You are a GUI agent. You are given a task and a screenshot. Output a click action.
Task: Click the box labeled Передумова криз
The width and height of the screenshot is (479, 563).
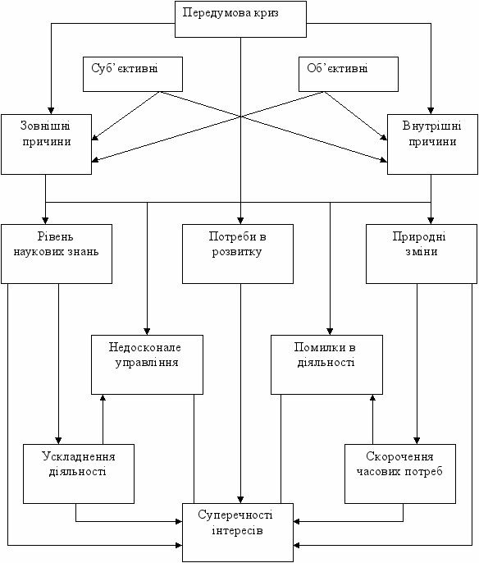pos(240,19)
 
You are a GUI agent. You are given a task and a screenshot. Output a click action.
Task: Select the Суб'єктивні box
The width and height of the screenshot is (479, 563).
pos(133,74)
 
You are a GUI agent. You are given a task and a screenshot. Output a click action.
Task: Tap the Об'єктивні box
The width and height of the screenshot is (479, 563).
pos(349,74)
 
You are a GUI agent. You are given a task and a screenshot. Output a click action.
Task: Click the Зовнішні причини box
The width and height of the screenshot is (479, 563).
pos(46,144)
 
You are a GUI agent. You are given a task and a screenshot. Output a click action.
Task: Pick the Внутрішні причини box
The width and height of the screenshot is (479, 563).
pos(433,144)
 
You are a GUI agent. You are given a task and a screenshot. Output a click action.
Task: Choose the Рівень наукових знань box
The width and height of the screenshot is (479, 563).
pos(57,254)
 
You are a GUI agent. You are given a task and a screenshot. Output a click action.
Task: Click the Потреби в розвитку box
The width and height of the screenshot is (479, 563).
pos(238,254)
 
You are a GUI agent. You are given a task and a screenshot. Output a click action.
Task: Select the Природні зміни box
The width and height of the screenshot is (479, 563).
pos(422,254)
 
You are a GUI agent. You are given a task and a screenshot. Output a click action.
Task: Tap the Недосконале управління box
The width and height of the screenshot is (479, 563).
pos(147,364)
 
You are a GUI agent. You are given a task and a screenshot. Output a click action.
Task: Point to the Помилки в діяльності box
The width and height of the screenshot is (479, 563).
pos(327,364)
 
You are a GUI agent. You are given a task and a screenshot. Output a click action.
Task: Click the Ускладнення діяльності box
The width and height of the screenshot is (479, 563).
pos(79,474)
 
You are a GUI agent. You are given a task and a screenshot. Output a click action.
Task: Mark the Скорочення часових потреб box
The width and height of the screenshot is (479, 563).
pos(400,474)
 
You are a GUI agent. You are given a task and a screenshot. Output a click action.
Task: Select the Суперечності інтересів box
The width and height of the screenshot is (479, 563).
pos(238,533)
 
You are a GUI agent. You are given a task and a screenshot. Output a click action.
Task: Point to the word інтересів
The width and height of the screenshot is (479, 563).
pos(237,530)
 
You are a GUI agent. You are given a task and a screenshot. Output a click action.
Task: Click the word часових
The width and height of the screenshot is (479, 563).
pos(378,471)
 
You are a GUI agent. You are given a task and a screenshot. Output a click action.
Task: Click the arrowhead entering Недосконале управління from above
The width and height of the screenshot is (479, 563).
pos(147,331)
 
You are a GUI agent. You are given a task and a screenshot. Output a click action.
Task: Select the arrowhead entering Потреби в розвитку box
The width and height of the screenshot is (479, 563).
pos(240,221)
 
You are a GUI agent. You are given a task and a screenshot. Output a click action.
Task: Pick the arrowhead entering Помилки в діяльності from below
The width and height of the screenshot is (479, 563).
pos(372,398)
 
